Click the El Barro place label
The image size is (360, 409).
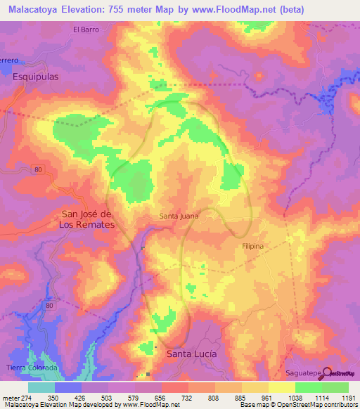(x=86, y=30)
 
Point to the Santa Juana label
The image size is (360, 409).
(x=179, y=216)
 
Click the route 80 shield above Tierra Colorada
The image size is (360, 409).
(x=49, y=306)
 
